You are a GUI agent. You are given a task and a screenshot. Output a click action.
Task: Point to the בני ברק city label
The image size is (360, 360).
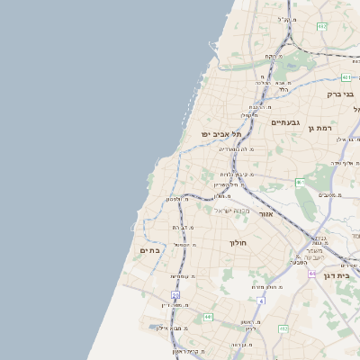(340, 93)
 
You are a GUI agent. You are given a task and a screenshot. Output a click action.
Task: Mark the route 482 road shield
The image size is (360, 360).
(321, 26)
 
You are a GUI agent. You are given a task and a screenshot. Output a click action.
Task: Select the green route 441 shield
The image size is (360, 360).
(208, 317)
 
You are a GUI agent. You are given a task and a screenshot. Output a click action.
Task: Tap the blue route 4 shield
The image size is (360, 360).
(260, 300)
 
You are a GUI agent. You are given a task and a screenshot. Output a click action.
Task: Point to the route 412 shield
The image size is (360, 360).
(283, 329)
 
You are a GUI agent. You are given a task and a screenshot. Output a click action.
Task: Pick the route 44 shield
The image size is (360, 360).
(311, 273)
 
